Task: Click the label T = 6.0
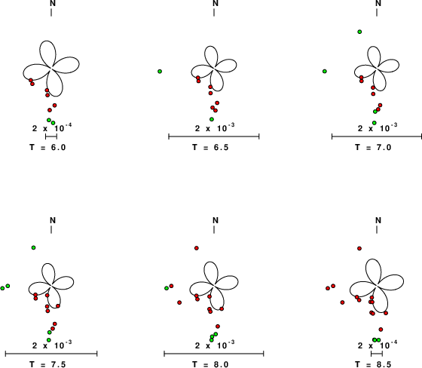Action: (47, 147)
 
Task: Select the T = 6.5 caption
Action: (210, 147)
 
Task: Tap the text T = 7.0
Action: (373, 147)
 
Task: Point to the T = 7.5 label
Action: (47, 364)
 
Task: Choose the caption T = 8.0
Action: (210, 364)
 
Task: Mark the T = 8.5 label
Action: (373, 364)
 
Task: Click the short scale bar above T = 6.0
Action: (51, 136)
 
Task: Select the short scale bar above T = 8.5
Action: (377, 354)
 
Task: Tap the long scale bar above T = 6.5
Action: (214, 136)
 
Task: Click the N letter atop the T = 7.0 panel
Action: (378, 3)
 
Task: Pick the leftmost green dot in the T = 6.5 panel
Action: (160, 72)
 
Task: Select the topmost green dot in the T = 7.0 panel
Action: (359, 32)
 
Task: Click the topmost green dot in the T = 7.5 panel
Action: (33, 247)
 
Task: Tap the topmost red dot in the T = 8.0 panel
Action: (197, 248)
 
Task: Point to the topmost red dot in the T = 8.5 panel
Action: (359, 248)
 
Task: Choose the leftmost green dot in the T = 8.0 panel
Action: (167, 288)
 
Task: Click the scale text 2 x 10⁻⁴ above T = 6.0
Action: (52, 127)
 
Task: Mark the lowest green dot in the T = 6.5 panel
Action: (212, 119)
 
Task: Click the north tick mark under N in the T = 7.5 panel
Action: (51, 229)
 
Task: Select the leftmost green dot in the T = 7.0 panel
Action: (325, 71)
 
